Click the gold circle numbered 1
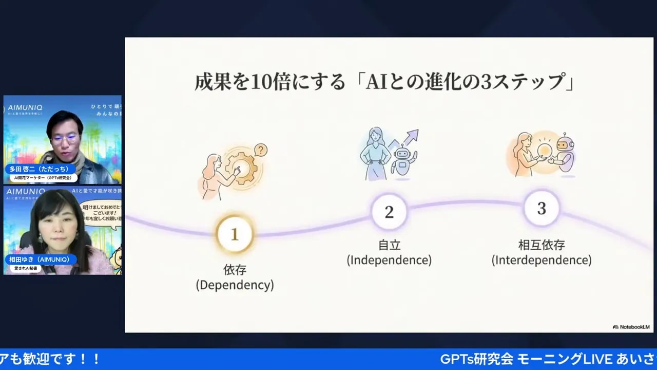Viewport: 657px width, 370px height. pos(235,234)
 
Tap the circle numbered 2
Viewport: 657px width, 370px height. pos(389,211)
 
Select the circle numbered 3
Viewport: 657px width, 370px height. pos(542,209)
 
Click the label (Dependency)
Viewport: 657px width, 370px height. pos(235,285)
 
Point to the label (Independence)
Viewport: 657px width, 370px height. pos(389,260)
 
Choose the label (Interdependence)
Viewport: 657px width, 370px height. pos(542,260)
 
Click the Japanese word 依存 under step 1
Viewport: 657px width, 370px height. pos(235,270)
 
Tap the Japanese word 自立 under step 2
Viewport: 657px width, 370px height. pos(389,245)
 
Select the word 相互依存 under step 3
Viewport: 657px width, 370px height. pos(542,245)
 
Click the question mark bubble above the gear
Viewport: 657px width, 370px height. pos(261,150)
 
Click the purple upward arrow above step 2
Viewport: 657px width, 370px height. pos(408,139)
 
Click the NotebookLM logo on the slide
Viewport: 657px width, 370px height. pos(631,327)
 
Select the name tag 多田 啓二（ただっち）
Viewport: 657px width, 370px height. pos(40,169)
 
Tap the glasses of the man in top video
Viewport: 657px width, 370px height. pos(65,138)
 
